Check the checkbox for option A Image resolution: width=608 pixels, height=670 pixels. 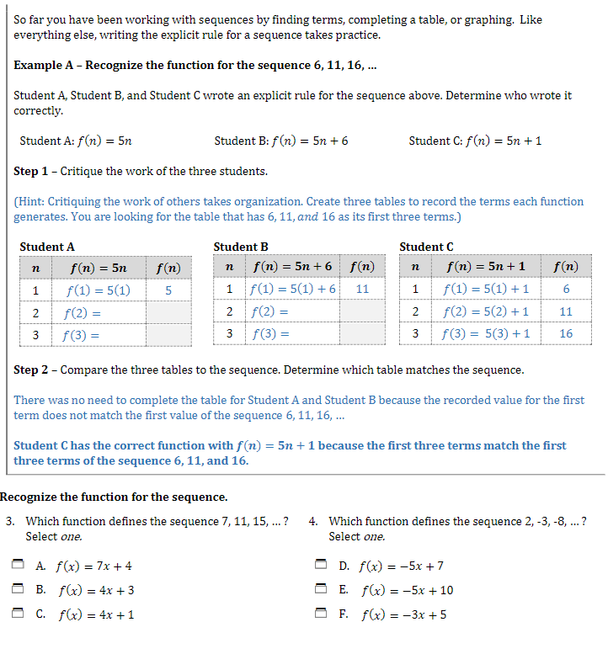(x=18, y=566)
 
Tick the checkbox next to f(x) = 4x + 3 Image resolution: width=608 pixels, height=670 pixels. (x=18, y=589)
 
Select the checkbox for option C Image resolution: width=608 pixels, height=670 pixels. (x=18, y=614)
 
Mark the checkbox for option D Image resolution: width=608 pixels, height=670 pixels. (x=321, y=566)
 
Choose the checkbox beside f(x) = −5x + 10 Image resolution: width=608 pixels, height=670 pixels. (x=321, y=589)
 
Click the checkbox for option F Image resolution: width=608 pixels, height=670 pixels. (x=321, y=614)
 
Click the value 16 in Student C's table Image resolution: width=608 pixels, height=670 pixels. (x=566, y=332)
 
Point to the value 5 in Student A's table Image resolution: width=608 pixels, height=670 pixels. (x=168, y=290)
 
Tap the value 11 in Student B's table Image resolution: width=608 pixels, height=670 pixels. (x=362, y=289)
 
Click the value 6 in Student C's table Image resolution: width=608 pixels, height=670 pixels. (x=566, y=289)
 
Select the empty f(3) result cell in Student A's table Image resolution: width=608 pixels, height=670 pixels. (x=168, y=334)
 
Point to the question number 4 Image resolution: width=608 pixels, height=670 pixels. (x=312, y=521)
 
